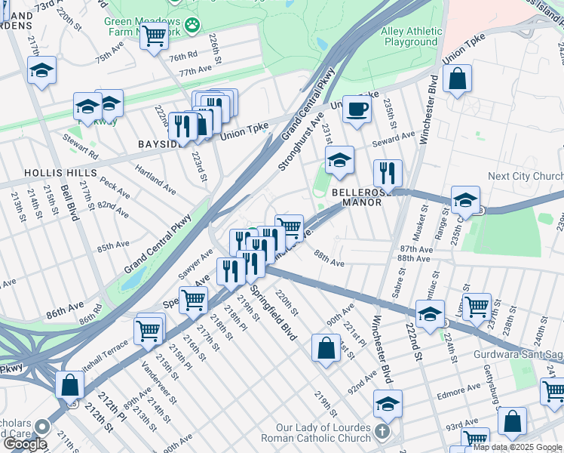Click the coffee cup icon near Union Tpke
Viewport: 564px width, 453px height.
(357, 109)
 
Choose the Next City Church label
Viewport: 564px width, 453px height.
(525, 176)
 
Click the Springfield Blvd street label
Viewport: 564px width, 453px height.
(274, 311)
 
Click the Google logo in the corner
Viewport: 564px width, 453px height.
(24, 444)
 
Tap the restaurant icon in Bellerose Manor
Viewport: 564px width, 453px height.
(388, 173)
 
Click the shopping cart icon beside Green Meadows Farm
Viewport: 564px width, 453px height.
(154, 34)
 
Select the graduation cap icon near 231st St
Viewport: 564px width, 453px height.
(339, 159)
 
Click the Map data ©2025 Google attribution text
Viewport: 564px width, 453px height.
(517, 447)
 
